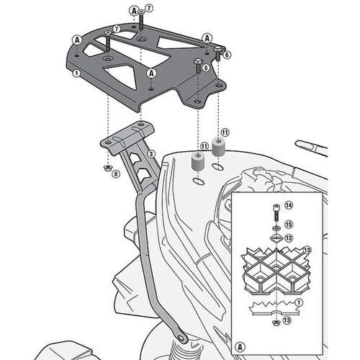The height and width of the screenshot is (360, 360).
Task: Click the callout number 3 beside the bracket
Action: coord(151,154)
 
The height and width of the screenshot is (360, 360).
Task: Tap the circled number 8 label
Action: coord(116,174)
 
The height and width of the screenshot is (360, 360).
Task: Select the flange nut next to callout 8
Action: coord(107,168)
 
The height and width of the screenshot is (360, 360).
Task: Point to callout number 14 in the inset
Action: coord(289,205)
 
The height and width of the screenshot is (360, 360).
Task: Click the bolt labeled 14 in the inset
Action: coord(276,213)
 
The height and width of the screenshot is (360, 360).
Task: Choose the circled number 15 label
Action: coord(289,225)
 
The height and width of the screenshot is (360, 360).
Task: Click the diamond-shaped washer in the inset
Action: coord(276,238)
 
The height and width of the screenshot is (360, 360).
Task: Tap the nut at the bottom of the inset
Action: coord(276,323)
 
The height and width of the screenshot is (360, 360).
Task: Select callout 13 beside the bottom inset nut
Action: coord(287,320)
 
